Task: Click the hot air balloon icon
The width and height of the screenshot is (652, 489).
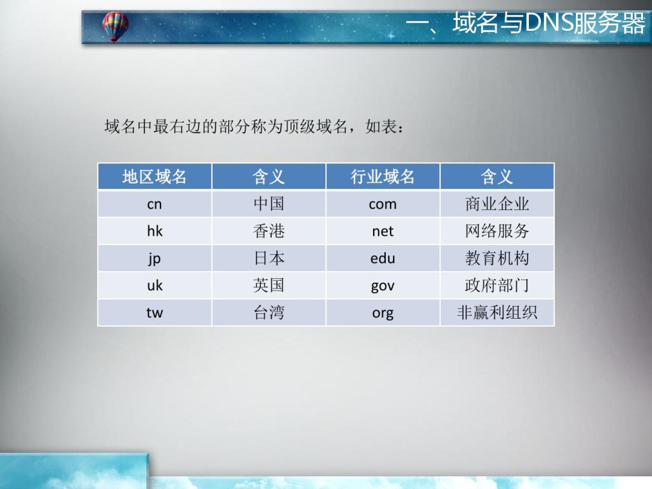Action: tap(115, 26)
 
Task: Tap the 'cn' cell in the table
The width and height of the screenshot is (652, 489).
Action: tap(154, 204)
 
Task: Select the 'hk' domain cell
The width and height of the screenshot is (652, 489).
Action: tap(154, 231)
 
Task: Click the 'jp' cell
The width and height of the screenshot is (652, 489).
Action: tap(154, 258)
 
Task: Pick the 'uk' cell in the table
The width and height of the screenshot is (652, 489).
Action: tap(154, 285)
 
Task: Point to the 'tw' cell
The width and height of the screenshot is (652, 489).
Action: tap(154, 312)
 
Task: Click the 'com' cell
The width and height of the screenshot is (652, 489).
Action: tap(383, 204)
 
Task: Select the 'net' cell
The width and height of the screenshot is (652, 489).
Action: tap(383, 231)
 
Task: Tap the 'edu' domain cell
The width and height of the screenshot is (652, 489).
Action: tap(383, 258)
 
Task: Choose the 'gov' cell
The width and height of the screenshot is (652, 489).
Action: tap(383, 285)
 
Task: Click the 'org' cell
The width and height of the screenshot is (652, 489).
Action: tap(383, 312)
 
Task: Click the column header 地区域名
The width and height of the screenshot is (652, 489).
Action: tap(154, 177)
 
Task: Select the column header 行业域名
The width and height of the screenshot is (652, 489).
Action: tap(383, 177)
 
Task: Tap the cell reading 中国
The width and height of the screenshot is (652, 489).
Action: tap(269, 204)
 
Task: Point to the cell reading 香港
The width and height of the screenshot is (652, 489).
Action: tap(269, 231)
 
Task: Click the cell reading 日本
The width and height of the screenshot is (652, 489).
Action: tap(269, 258)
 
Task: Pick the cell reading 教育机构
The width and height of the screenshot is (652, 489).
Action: tap(497, 258)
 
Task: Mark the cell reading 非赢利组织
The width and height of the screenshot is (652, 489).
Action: tap(497, 312)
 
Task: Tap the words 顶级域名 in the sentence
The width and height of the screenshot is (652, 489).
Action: tap(316, 127)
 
